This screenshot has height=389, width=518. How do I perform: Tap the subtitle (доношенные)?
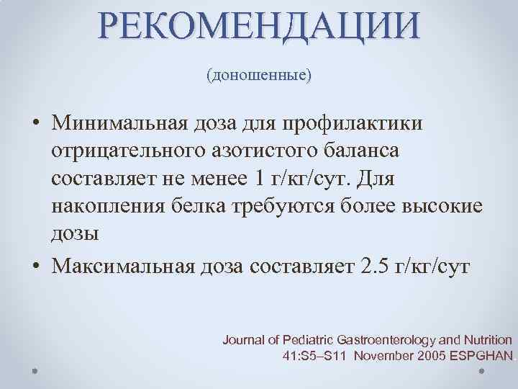(259, 74)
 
